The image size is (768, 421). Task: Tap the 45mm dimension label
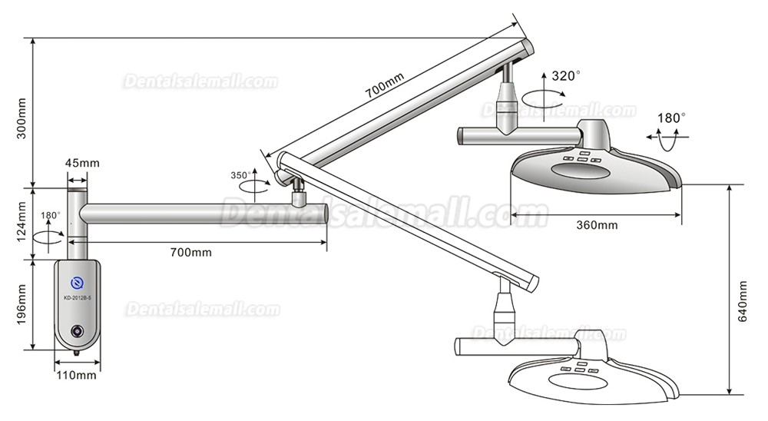point(82,163)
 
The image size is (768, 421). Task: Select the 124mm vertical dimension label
point(22,221)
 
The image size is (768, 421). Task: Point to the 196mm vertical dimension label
point(22,305)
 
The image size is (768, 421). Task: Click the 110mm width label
point(77,375)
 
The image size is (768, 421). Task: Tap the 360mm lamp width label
point(597,225)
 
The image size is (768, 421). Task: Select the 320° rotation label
point(566,76)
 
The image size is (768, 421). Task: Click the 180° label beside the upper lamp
point(671,118)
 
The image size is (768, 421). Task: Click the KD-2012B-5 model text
point(77,296)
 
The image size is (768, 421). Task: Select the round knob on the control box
point(77,331)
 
